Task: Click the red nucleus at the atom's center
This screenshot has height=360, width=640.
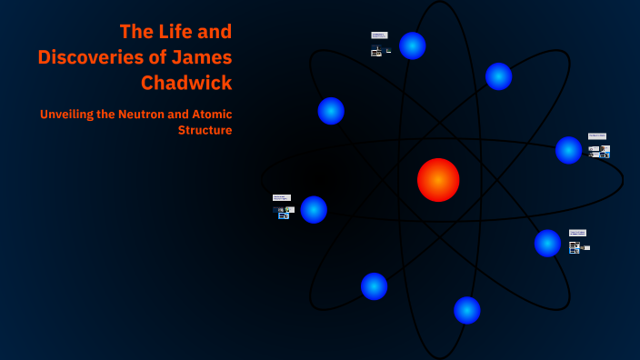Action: click(438, 180)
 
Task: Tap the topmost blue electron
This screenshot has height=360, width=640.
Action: click(413, 45)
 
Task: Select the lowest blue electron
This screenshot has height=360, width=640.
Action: click(467, 310)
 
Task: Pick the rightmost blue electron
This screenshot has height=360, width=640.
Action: click(569, 150)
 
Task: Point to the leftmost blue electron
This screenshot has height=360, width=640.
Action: click(314, 209)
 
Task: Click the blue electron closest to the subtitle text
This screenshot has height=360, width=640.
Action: click(331, 111)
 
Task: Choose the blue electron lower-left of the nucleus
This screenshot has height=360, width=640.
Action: click(375, 286)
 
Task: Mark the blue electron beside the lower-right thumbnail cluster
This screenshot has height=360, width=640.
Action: click(547, 243)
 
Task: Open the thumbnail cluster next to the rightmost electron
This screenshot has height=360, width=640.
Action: click(598, 146)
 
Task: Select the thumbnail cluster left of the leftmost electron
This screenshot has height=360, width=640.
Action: click(283, 208)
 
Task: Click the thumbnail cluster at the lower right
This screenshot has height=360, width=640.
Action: click(578, 242)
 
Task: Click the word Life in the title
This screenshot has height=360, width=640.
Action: click(175, 32)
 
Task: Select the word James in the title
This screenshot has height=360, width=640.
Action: click(205, 57)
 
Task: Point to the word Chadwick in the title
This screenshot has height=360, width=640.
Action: click(186, 83)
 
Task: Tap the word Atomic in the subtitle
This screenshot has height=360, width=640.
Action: click(211, 115)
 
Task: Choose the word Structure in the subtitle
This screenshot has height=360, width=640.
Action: click(205, 130)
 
